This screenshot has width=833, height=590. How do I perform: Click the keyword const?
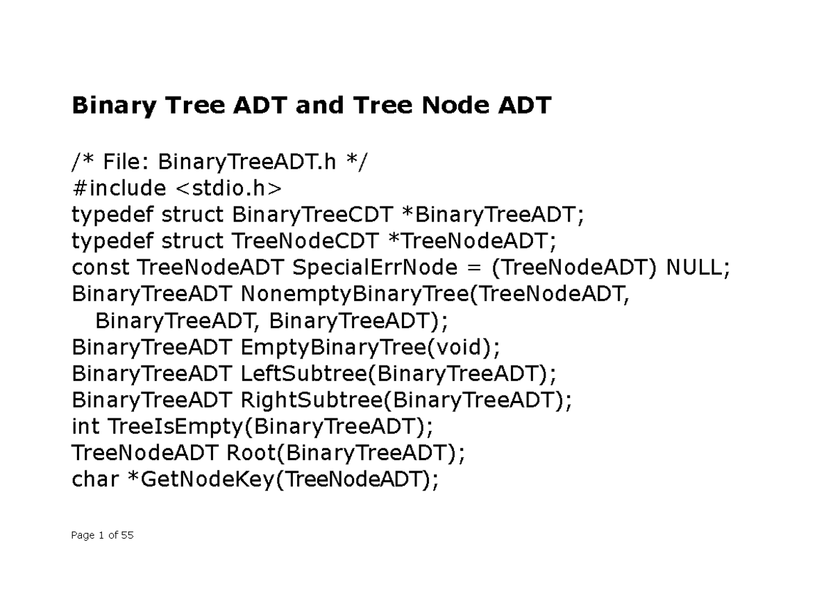click(101, 268)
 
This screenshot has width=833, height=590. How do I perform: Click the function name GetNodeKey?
click(208, 480)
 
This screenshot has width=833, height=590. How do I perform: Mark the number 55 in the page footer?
click(126, 535)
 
